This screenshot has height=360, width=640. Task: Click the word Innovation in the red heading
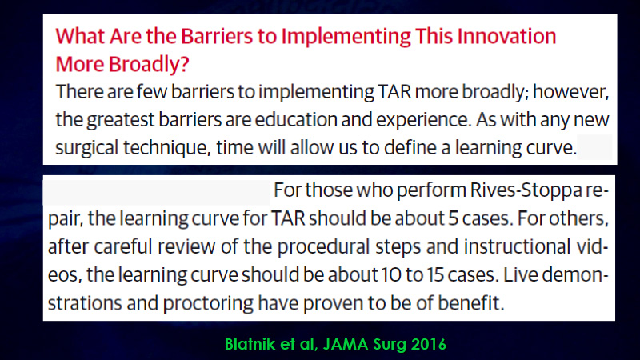click(506, 36)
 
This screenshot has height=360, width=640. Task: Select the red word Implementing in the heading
click(346, 37)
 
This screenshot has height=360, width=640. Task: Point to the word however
click(570, 91)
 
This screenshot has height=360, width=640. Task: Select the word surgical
click(86, 148)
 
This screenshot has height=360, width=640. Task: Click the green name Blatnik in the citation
click(250, 344)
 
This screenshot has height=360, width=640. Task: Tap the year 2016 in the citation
click(429, 344)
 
